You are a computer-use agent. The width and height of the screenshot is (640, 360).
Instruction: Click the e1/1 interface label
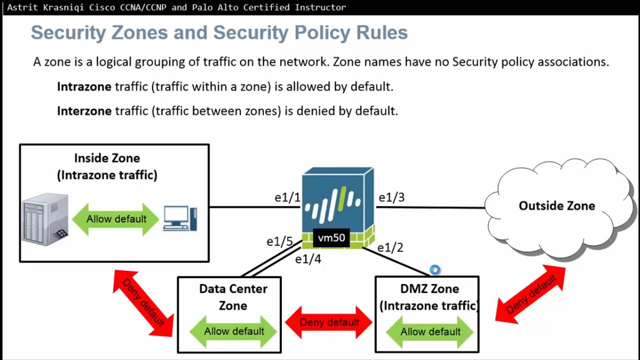287,197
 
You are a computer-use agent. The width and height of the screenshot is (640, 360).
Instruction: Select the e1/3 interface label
391,197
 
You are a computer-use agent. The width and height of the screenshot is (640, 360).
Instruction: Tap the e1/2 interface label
390,247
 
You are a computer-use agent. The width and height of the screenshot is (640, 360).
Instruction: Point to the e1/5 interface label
279,242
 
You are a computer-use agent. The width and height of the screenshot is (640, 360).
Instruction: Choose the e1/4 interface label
308,259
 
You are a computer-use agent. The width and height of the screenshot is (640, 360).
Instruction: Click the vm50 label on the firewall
331,238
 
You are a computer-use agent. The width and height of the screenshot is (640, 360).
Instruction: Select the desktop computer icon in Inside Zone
180,218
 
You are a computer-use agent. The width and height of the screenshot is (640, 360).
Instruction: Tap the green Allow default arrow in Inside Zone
116,219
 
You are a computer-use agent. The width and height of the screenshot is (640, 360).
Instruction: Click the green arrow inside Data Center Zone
233,331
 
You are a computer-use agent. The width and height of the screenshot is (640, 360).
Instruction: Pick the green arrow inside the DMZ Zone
430,331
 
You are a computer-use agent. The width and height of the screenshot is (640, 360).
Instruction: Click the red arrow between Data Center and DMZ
329,322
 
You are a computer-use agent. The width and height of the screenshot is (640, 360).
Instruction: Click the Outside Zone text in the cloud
556,206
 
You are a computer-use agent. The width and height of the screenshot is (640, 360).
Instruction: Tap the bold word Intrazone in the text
84,86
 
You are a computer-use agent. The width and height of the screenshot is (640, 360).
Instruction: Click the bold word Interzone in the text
84,110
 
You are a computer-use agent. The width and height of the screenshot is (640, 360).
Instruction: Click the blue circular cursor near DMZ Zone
435,270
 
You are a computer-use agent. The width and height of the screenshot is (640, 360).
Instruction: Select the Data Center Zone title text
233,297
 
